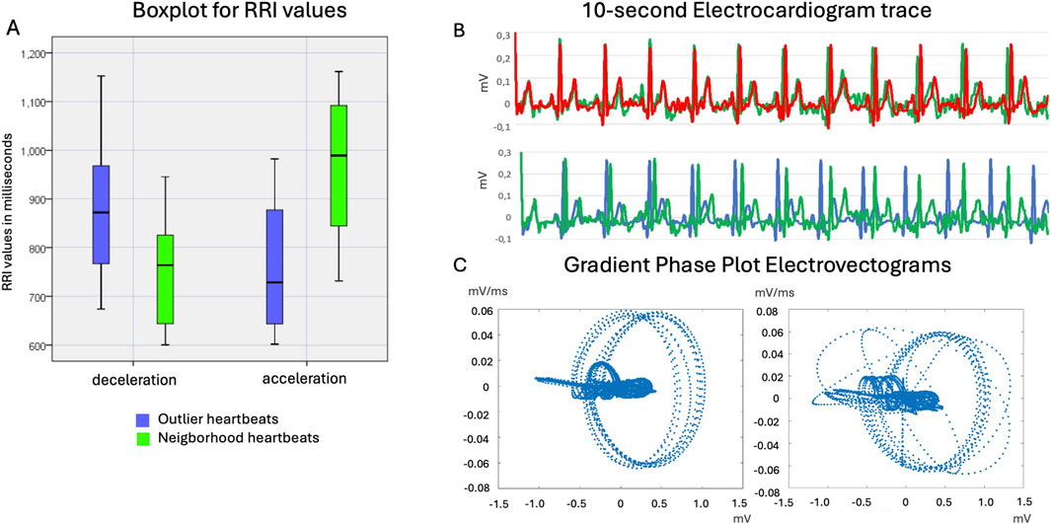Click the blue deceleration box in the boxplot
pyautogui.click(x=101, y=215)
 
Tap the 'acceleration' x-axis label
pyautogui.click(x=304, y=378)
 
